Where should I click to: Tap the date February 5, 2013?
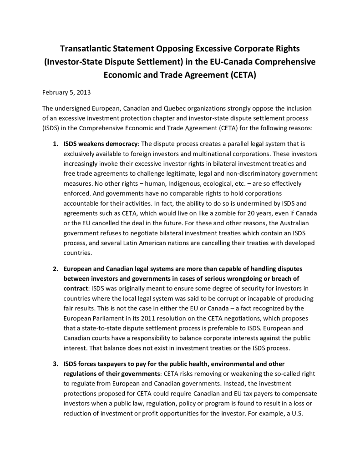coord(66,92)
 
